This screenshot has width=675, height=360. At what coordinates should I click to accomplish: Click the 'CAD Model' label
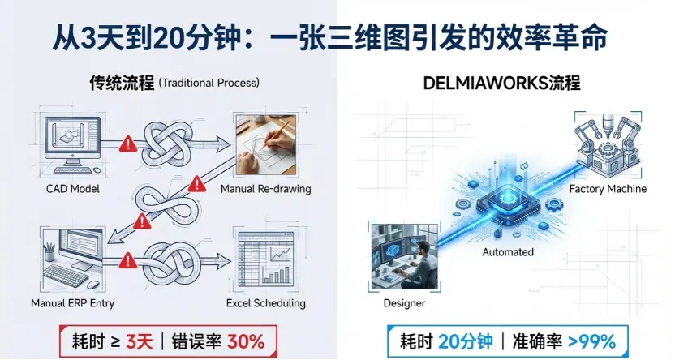71,189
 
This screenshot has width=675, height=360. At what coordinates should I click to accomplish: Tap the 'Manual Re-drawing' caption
265,189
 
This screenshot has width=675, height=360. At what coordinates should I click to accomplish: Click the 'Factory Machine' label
608,189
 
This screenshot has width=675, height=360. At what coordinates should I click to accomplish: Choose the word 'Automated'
508,252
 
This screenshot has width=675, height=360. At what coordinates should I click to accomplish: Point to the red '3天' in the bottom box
140,339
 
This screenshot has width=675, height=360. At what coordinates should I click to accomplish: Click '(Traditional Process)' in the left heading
209,84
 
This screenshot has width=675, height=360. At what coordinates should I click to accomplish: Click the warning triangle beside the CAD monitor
126,145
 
